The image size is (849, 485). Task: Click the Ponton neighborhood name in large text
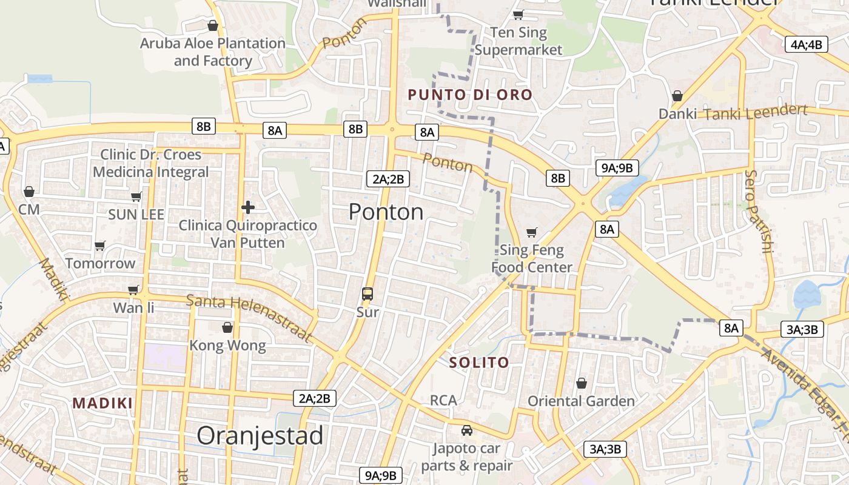[386, 212]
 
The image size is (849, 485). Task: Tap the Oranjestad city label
[260, 435]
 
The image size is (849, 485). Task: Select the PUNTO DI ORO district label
[470, 95]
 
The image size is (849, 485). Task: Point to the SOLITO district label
[479, 363]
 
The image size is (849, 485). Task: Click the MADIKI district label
[102, 403]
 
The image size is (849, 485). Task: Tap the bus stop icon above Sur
[367, 294]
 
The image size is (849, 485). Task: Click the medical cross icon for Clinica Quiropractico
[247, 207]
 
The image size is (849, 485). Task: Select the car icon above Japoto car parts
[466, 430]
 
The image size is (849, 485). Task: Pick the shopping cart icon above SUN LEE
[136, 196]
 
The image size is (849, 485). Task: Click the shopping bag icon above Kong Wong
[227, 327]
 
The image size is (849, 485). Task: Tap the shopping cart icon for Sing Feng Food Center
[532, 232]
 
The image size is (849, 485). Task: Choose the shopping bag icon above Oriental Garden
[582, 383]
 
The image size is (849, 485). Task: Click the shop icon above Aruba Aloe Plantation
[213, 25]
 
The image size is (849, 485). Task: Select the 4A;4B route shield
[807, 44]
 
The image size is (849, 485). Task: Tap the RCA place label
[443, 400]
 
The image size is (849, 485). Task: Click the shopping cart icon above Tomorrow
[100, 246]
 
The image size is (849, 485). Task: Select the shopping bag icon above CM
[29, 192]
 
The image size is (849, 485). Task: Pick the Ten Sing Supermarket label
[518, 41]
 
